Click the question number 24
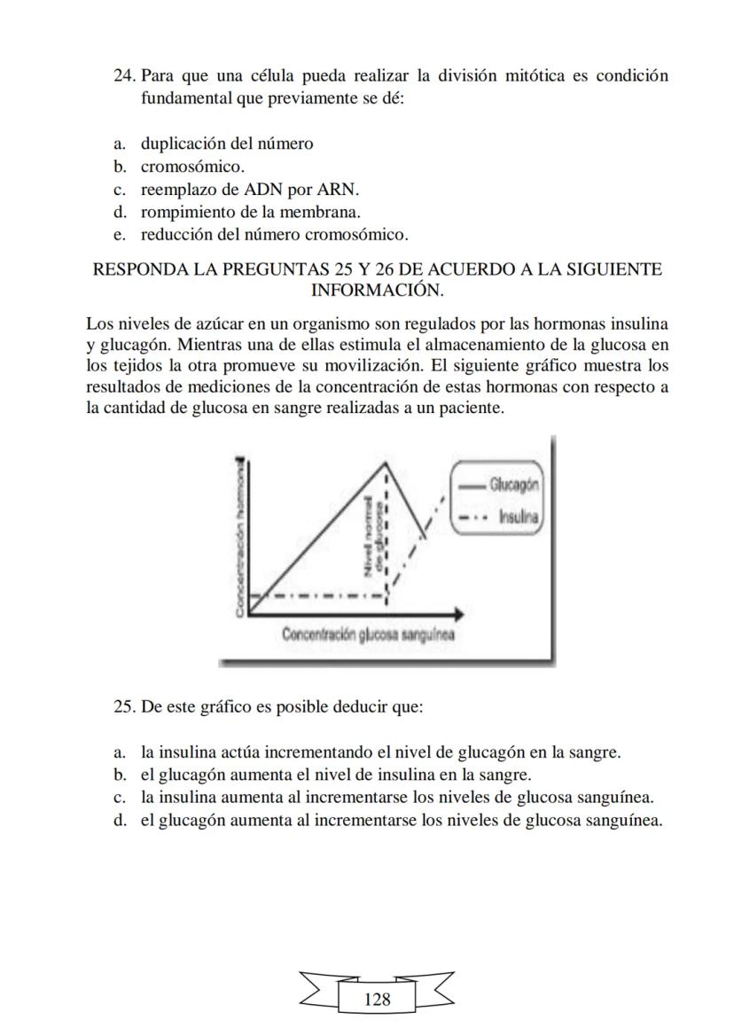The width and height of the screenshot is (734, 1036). (125, 75)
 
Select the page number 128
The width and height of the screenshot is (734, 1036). (377, 999)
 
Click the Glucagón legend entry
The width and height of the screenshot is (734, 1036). (515, 485)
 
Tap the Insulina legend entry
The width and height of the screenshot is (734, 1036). (519, 516)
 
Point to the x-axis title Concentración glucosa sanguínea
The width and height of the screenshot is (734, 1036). (368, 635)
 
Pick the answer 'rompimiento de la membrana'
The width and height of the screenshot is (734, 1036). (250, 213)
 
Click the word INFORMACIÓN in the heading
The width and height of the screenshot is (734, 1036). (377, 290)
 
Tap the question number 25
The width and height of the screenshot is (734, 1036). (125, 707)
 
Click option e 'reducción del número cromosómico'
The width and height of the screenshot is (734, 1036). (274, 235)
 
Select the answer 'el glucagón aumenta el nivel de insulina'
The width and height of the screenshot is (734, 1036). (335, 775)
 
